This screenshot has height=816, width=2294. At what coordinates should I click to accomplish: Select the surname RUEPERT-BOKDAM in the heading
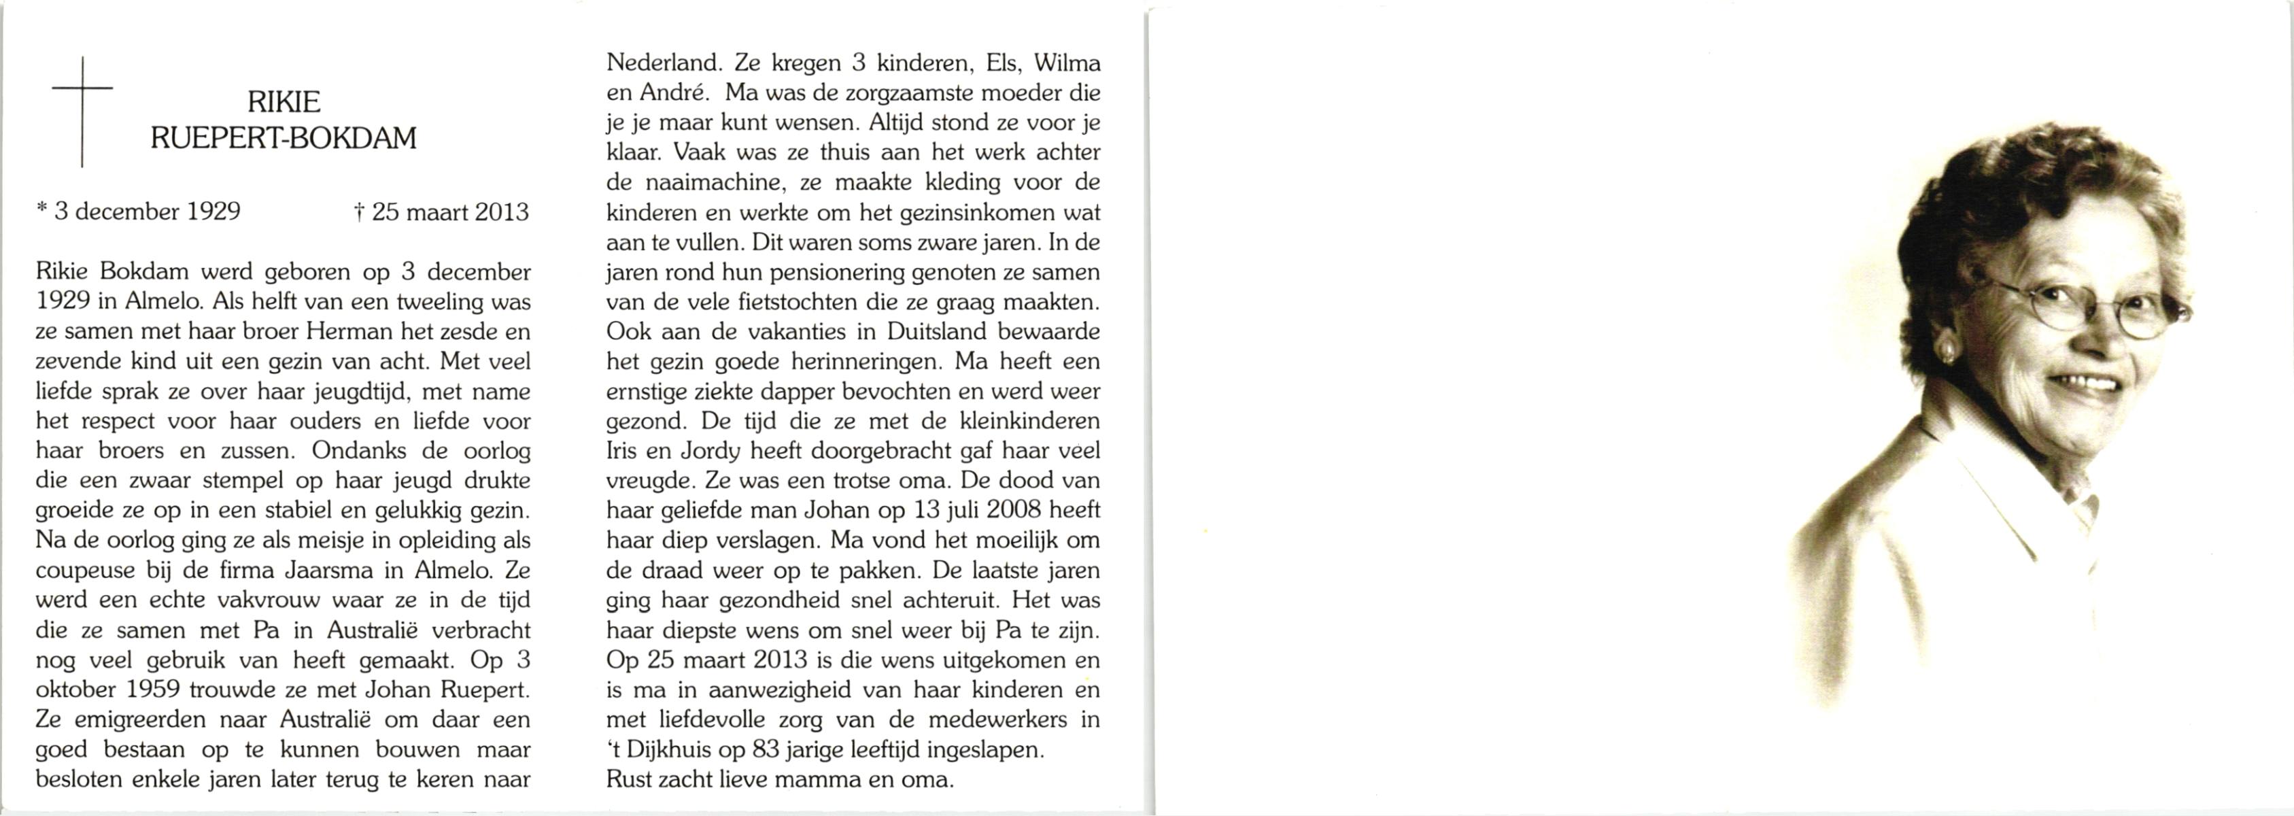click(x=284, y=139)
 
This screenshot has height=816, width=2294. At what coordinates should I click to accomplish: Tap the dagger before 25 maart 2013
click(x=359, y=213)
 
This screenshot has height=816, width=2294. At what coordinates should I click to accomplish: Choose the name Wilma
click(x=1067, y=63)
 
